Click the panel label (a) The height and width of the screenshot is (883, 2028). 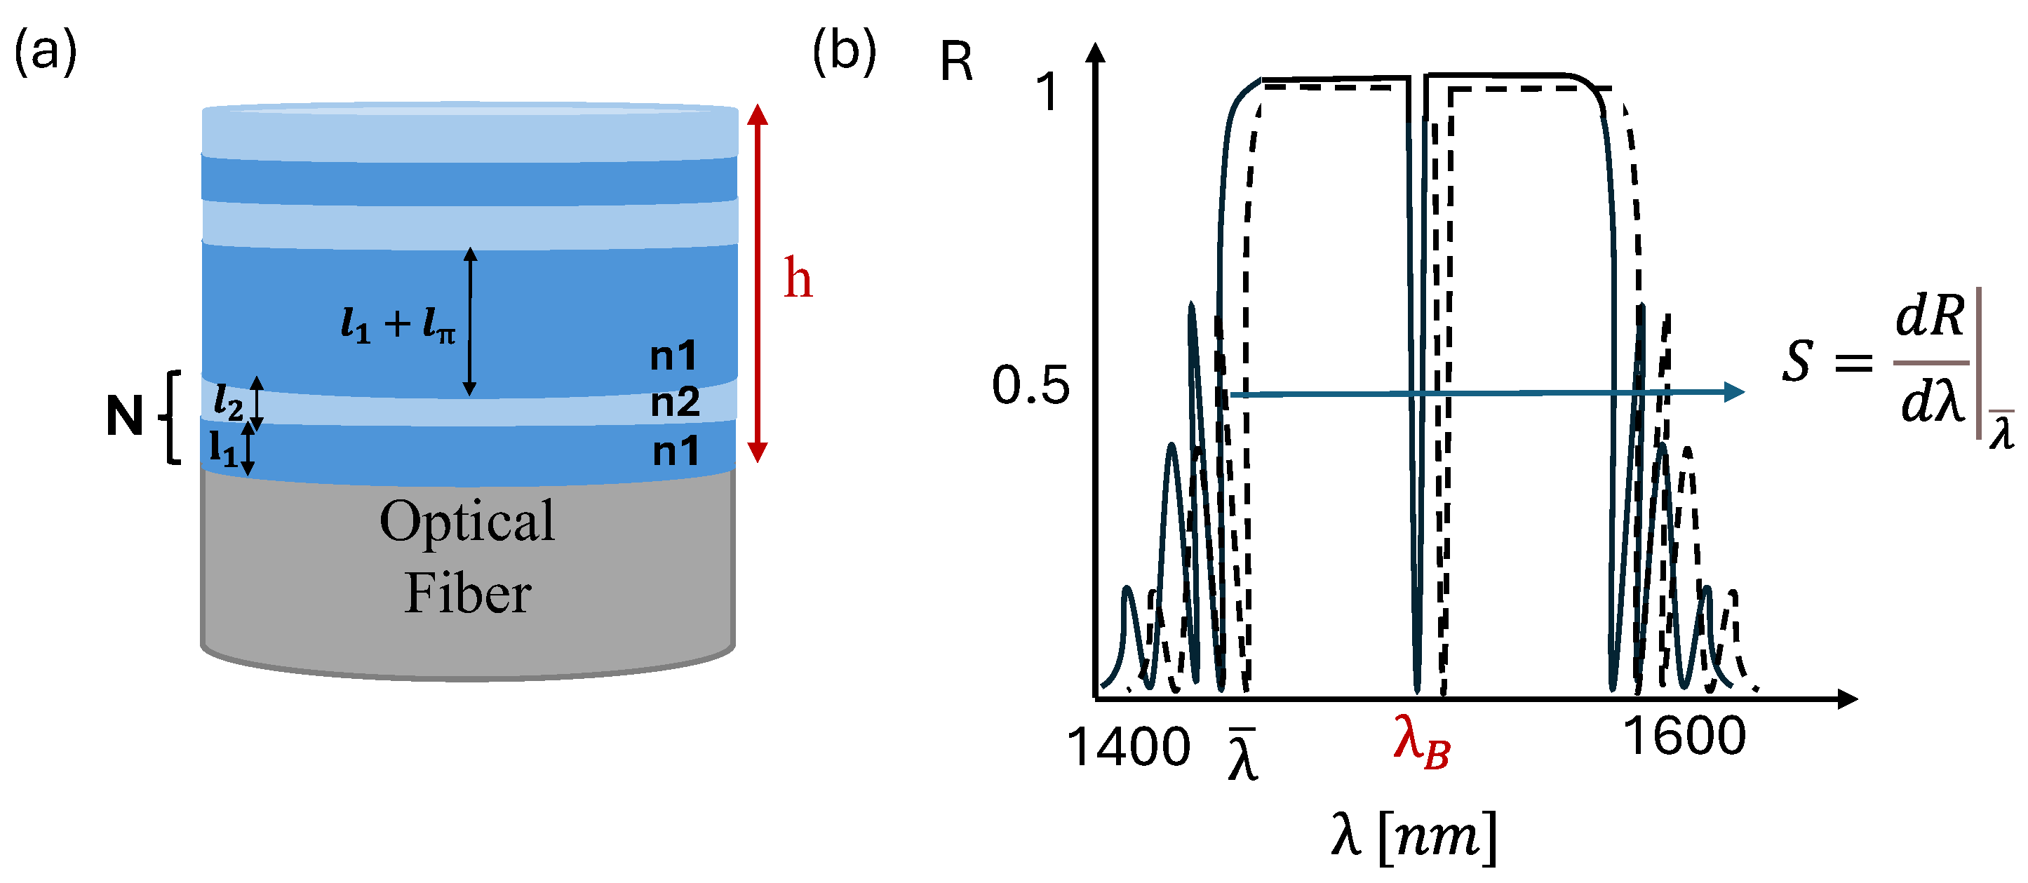(46, 52)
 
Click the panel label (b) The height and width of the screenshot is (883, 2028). (844, 52)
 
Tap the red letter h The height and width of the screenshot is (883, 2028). (797, 278)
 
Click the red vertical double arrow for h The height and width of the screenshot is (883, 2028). (758, 283)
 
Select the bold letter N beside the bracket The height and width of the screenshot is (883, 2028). (124, 415)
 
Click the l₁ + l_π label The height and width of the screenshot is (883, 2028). (398, 323)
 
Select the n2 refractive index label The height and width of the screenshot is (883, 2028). (675, 402)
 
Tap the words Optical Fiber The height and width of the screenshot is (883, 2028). (468, 557)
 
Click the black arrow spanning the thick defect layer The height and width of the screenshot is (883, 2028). (470, 321)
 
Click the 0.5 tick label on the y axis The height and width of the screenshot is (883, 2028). (1030, 386)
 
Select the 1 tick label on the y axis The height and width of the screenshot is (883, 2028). (1048, 92)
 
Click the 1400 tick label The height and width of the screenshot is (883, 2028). (1128, 746)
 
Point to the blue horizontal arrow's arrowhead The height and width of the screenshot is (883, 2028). (1733, 392)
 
